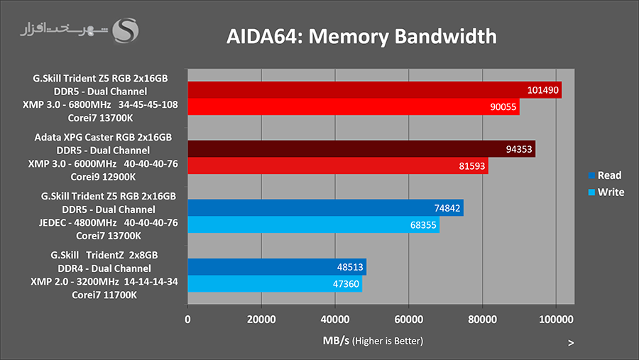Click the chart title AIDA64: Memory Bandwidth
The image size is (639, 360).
361,36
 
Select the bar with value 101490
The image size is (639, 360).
374,90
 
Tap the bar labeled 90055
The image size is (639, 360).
354,107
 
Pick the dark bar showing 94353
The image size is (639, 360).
361,149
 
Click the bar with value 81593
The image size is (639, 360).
338,165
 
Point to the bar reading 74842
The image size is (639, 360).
325,207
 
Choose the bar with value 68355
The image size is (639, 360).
313,224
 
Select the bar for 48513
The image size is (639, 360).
277,267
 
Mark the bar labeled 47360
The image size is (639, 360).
275,283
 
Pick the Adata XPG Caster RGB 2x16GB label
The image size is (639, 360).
103,137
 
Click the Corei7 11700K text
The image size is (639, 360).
104,295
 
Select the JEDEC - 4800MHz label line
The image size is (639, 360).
104,222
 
